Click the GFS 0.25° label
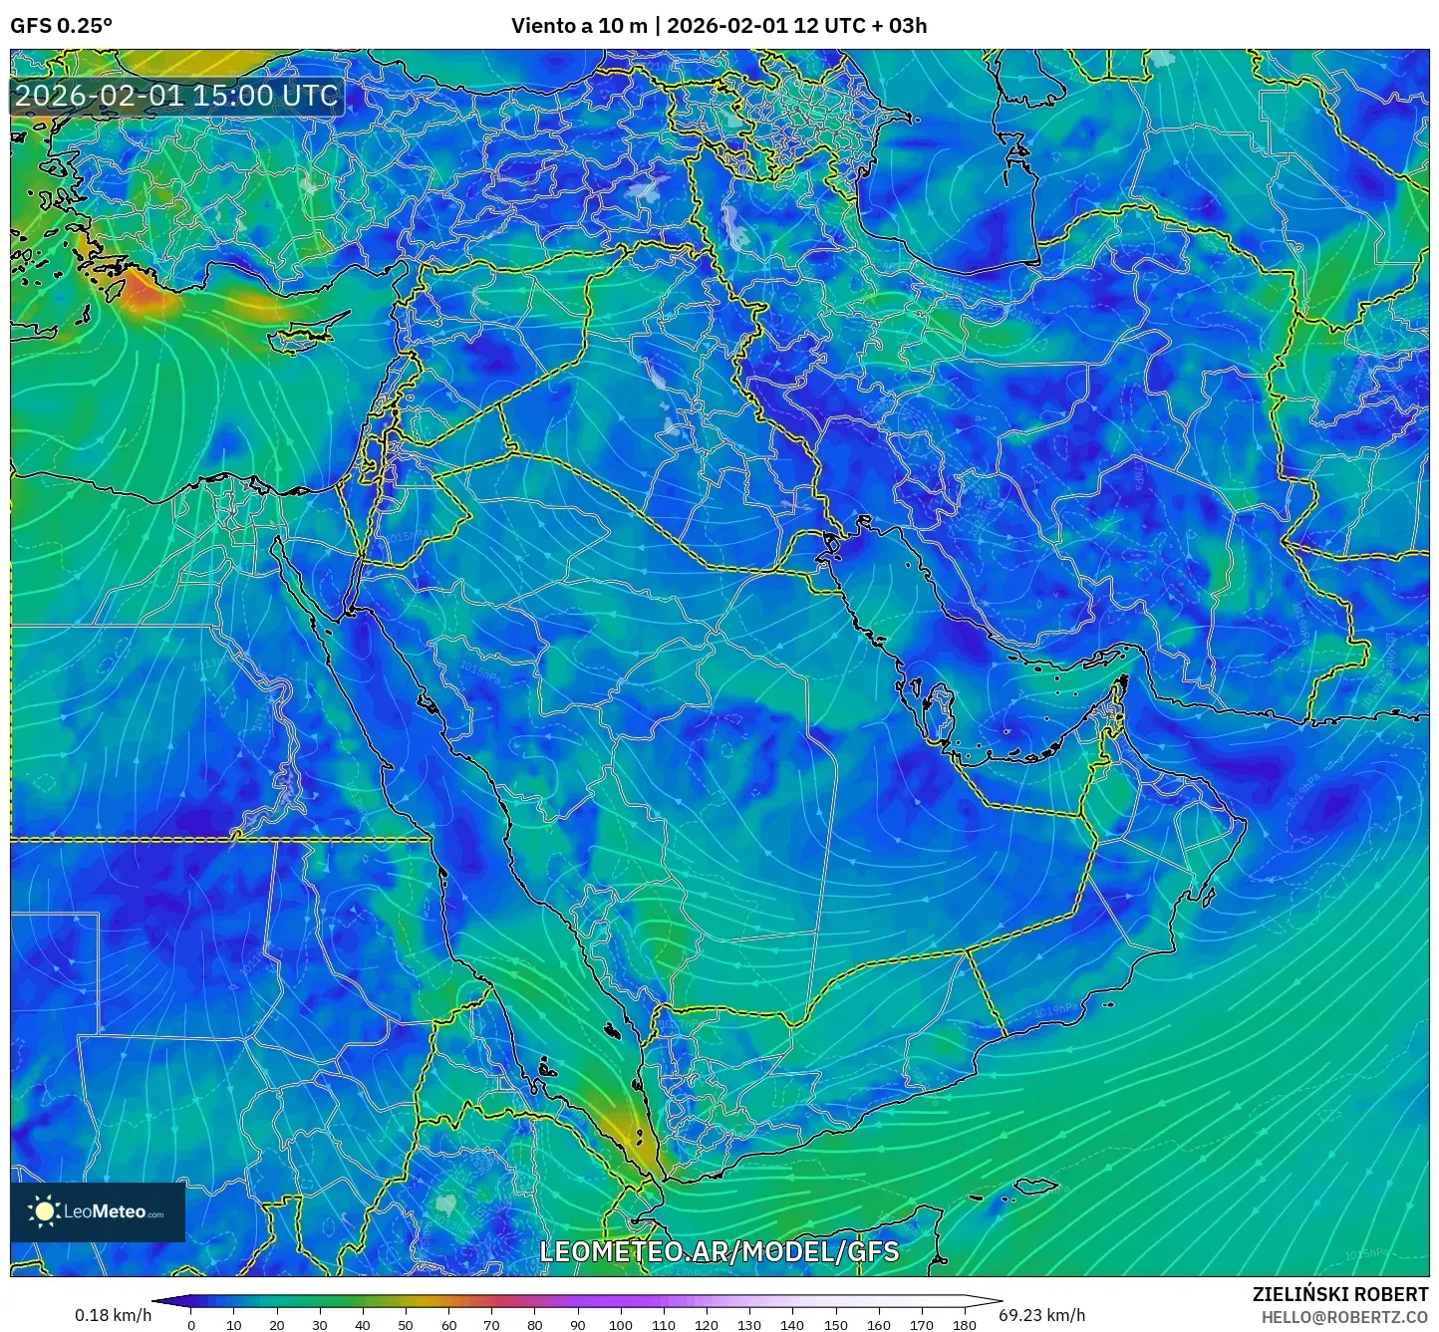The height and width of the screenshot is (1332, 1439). [61, 26]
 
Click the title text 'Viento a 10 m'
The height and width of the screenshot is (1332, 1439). [579, 26]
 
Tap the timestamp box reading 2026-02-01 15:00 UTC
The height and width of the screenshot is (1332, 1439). [176, 96]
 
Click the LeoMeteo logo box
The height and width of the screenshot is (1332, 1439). [98, 1211]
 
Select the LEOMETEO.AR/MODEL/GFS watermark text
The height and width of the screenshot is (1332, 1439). [719, 1251]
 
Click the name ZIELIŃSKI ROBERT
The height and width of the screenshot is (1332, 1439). [1339, 1294]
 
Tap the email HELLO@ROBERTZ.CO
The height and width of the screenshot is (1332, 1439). [1344, 1317]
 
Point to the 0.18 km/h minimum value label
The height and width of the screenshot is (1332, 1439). [113, 1315]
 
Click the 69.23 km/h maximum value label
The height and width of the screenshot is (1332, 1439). [1041, 1315]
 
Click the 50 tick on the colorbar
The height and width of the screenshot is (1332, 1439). [406, 1325]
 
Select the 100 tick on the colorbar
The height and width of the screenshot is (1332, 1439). [620, 1325]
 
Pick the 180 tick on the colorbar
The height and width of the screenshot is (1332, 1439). [964, 1325]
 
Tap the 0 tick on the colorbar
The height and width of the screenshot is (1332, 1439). [191, 1325]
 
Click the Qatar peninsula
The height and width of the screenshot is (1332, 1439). [938, 708]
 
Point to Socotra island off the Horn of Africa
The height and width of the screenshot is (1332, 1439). [1036, 1186]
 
